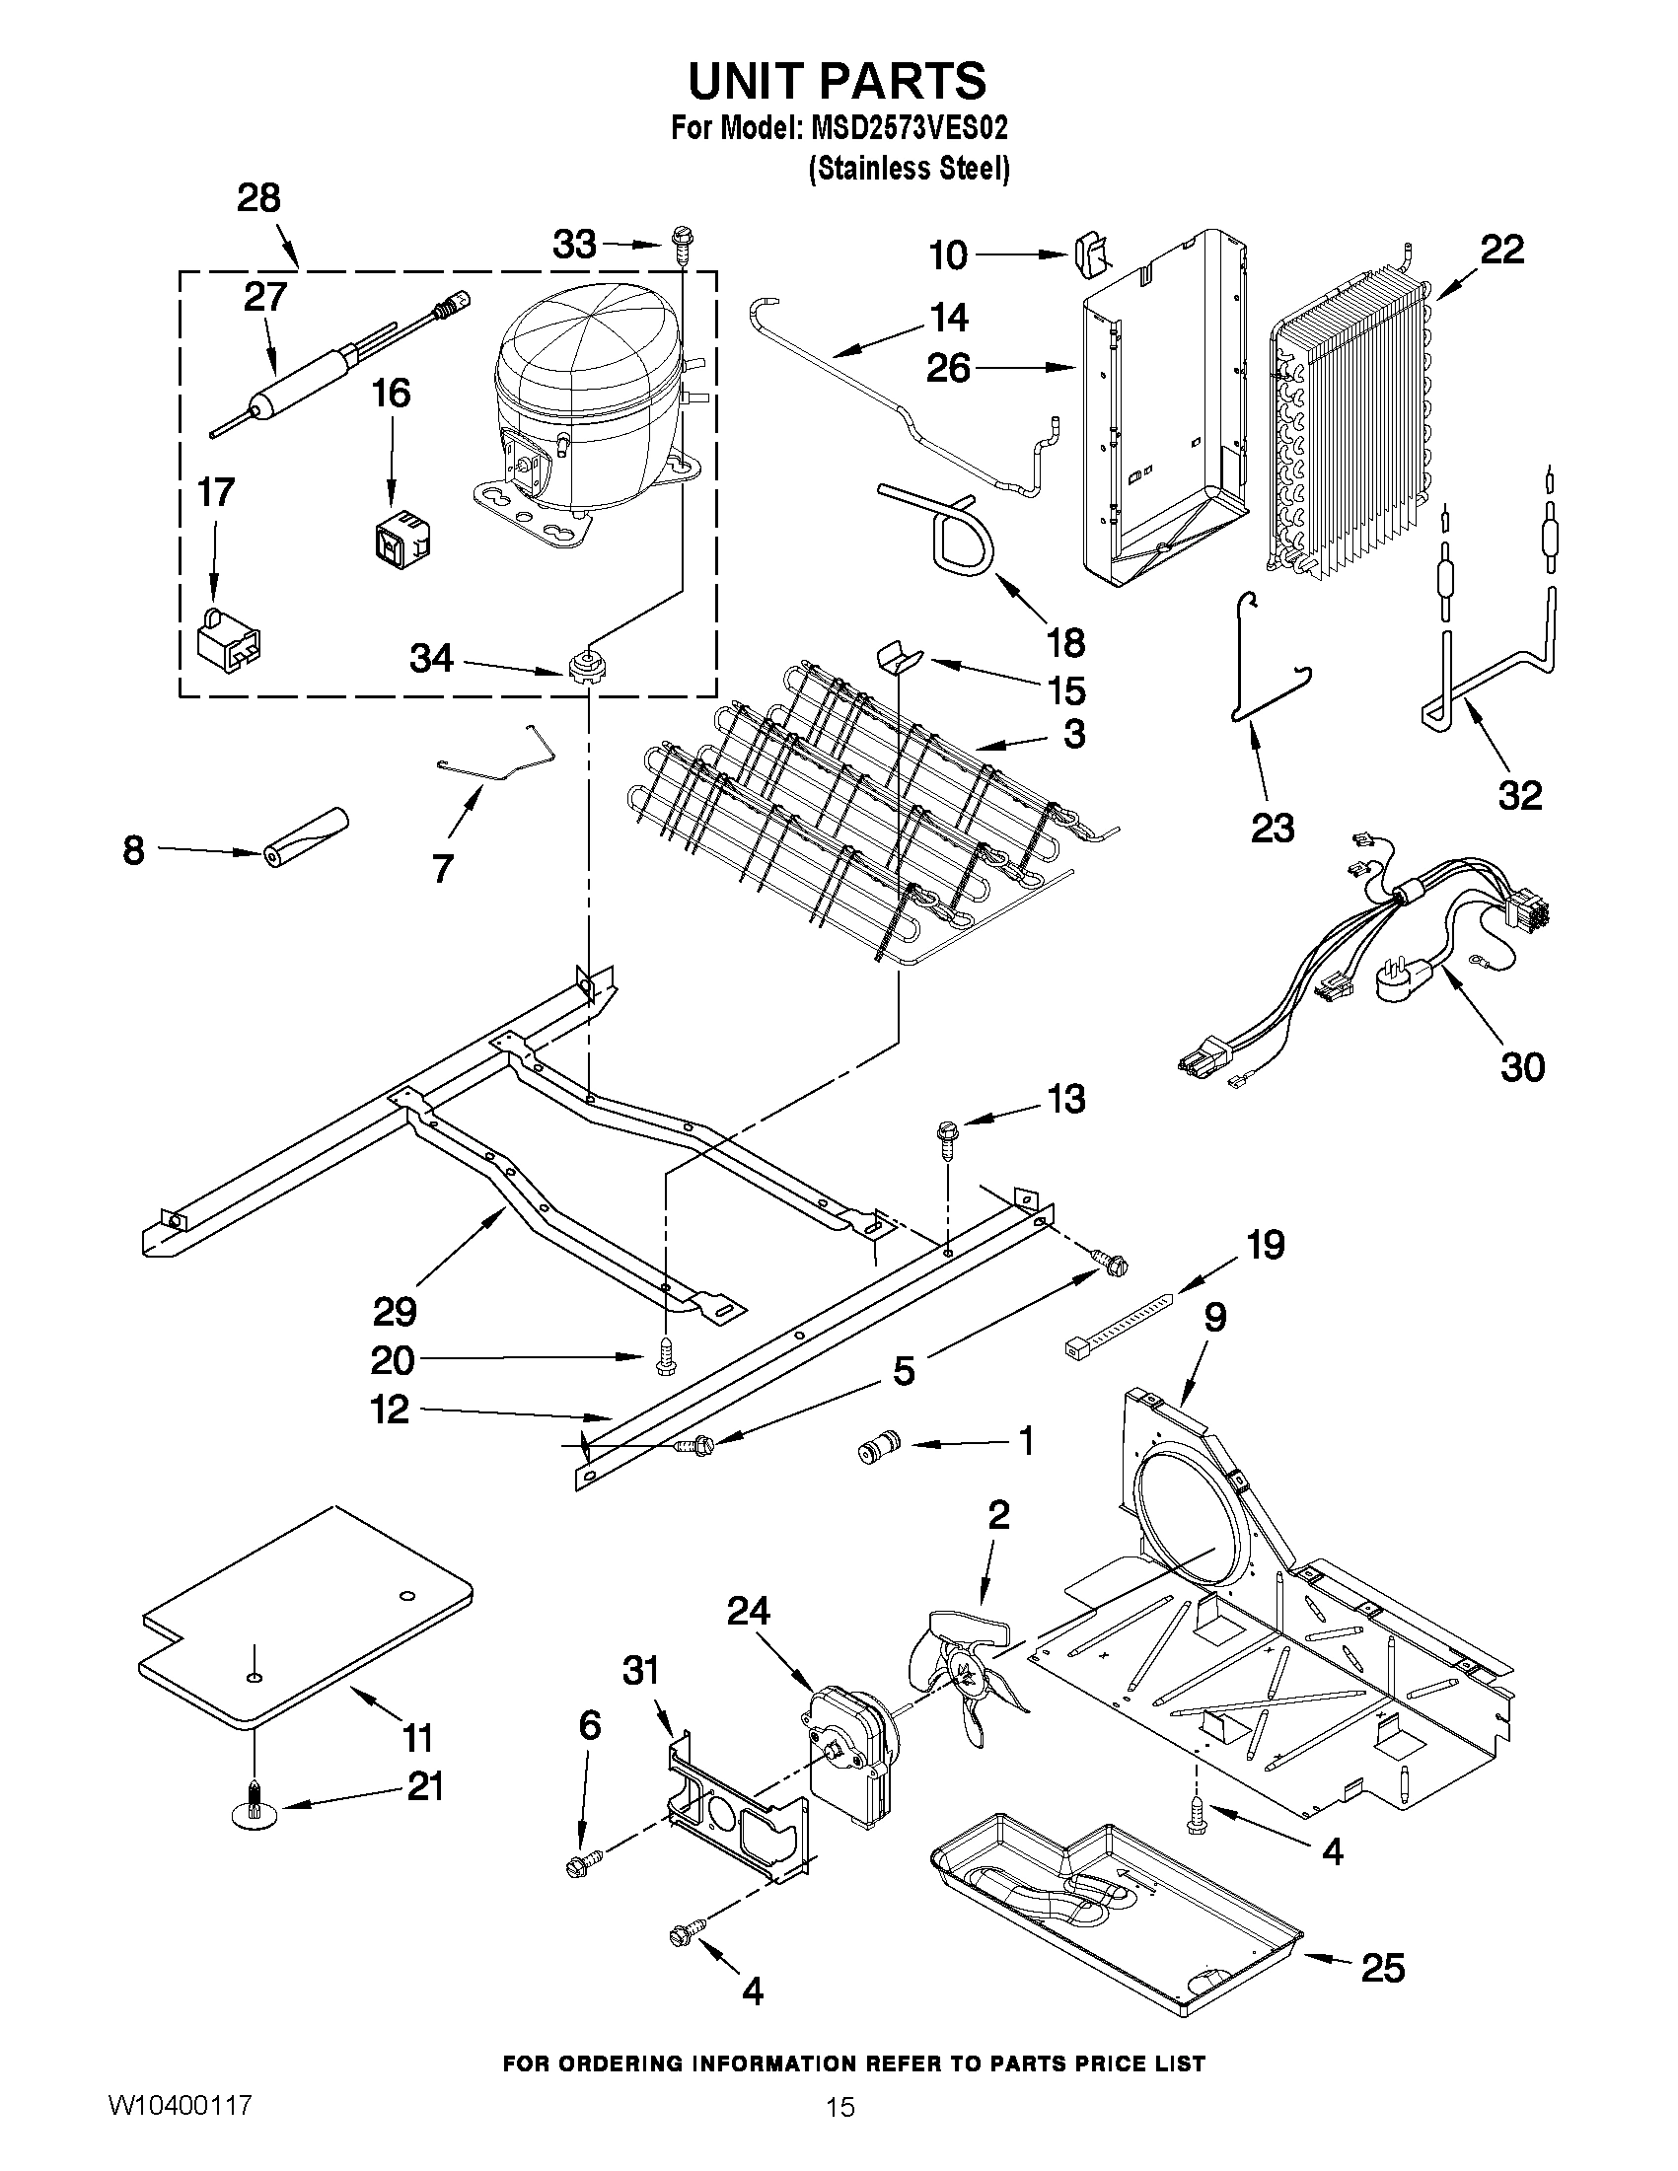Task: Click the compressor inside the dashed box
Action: pos(582,407)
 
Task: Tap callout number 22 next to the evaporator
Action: pos(1501,251)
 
